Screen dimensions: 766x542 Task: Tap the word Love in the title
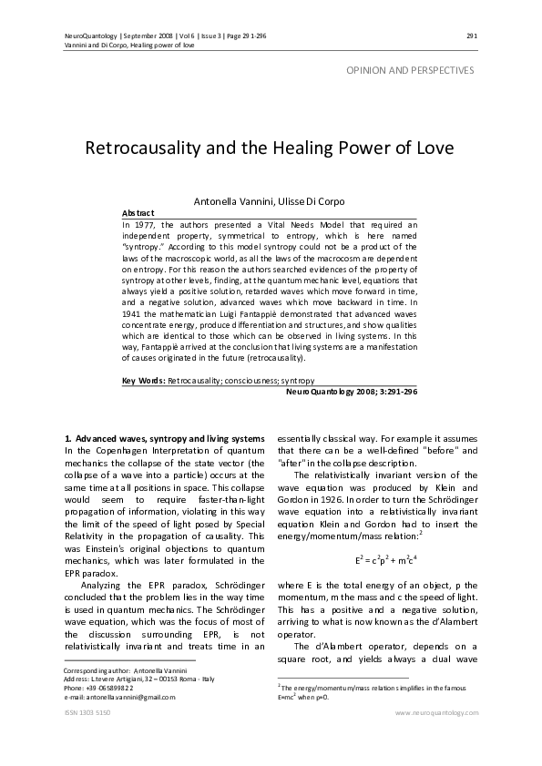[431, 148]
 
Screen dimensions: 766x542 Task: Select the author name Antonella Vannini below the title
[231, 199]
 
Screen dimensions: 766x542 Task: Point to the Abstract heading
[138, 211]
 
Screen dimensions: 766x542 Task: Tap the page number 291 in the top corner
[471, 36]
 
